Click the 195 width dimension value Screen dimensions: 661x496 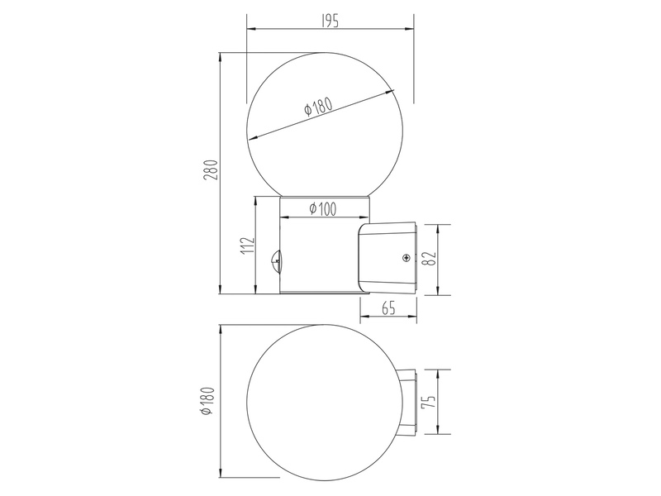330,21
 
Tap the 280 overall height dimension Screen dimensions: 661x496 211,170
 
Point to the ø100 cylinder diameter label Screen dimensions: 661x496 323,208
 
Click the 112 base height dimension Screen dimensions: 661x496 249,246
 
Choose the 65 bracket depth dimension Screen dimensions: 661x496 388,308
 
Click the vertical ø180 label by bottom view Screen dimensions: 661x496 208,401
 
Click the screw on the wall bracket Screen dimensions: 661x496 406,258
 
